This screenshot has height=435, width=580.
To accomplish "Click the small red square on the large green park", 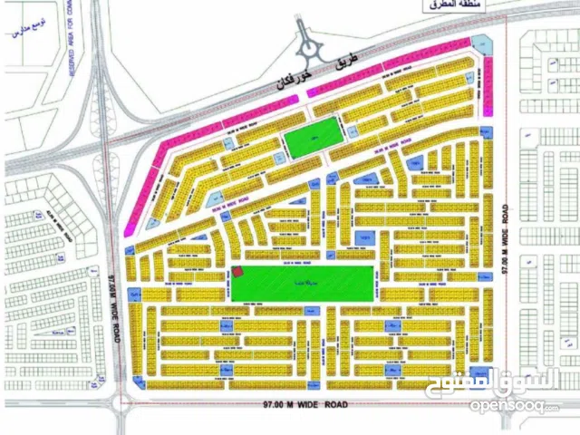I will click(238, 271).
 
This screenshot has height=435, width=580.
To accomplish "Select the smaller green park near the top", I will click(312, 141).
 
